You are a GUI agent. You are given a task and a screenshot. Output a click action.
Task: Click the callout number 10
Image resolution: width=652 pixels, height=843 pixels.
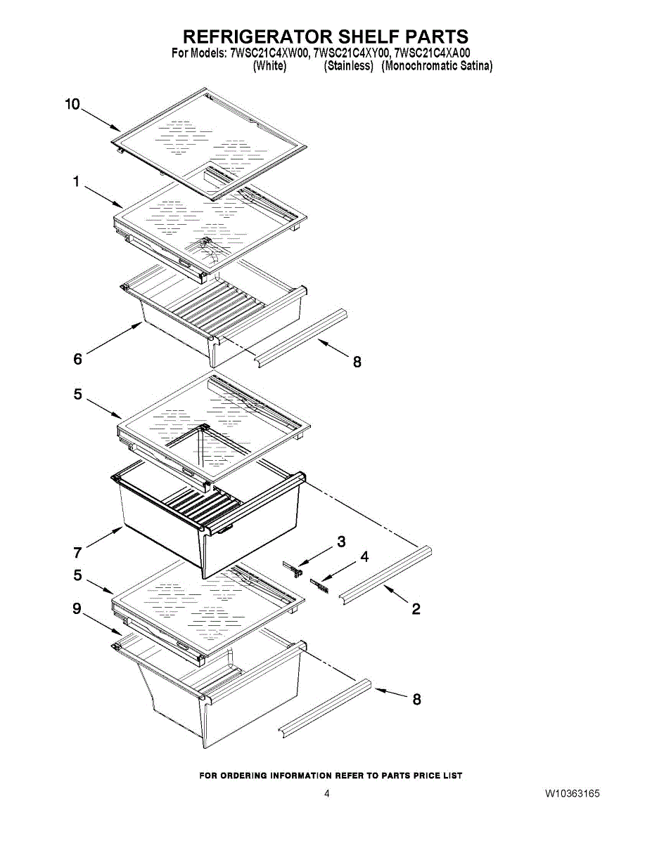pos(72,105)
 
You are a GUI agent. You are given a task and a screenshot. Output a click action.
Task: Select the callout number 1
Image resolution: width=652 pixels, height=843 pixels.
pos(76,182)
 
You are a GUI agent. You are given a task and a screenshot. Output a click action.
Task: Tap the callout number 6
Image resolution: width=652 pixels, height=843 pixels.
pos(78,360)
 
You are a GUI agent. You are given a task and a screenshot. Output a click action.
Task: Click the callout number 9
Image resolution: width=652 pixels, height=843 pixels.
pos(77,609)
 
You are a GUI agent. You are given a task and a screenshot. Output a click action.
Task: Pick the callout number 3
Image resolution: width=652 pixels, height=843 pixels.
pos(341,542)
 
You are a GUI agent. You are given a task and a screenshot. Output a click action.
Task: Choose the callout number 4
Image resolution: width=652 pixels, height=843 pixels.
pos(364,557)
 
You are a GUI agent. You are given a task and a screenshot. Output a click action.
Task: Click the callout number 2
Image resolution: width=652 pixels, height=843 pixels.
pos(416,609)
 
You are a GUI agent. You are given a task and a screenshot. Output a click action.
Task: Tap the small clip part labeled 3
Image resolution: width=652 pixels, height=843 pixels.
pos(293,568)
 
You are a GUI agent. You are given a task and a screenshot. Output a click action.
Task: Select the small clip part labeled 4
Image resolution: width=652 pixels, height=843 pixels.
pos(320,585)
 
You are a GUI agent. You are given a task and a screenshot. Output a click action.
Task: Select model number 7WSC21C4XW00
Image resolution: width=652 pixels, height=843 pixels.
pos(269,53)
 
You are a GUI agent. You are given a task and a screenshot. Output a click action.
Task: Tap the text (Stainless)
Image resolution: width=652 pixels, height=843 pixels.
pos(348,66)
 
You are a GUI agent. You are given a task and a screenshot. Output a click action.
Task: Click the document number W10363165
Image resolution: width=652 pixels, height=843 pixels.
pos(572,794)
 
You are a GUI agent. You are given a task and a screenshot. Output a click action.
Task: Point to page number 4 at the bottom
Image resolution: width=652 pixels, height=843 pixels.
pos(326,794)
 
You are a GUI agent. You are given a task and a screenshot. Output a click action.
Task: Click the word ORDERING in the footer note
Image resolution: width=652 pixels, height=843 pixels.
pos(243,776)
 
